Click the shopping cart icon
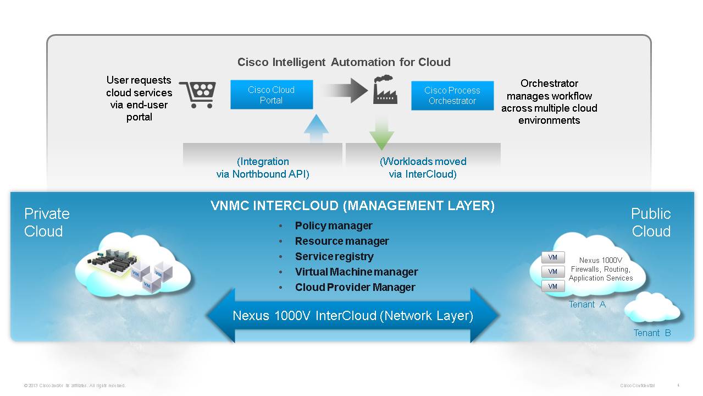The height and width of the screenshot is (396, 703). point(198,95)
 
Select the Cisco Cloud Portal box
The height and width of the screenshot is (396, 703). point(272,95)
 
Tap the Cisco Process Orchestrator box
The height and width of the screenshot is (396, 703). point(452,95)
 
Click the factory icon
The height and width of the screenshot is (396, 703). point(385,90)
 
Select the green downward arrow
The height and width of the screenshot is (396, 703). point(381,132)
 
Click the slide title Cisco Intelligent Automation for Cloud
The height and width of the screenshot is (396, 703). point(344,62)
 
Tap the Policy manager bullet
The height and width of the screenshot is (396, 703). point(333,226)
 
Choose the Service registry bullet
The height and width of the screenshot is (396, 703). point(334,256)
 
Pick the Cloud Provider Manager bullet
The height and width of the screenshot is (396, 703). point(355,287)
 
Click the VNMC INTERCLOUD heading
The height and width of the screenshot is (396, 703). point(352,206)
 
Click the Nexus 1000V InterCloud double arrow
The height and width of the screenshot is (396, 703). point(352,316)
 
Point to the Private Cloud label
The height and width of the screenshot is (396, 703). point(47,222)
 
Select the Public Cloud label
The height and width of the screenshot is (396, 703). point(651,222)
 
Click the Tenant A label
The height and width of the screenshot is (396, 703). point(587,304)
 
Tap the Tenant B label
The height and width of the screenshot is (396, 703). point(652,333)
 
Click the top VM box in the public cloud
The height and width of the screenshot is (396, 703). point(553,257)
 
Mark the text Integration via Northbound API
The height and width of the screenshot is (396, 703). point(263,168)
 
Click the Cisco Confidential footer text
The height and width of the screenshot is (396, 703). point(637,386)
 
